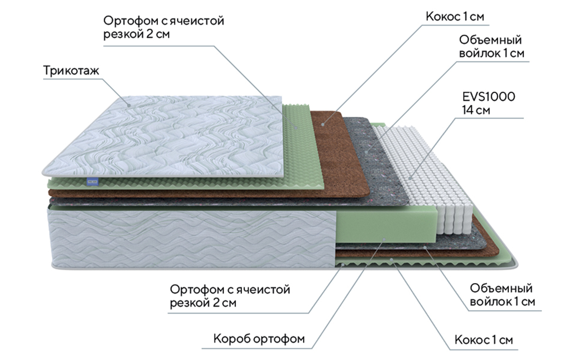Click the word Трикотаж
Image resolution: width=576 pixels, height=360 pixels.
point(71,71)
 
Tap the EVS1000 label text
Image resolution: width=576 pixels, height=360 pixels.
point(488,97)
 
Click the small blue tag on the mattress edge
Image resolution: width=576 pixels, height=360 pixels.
point(89,181)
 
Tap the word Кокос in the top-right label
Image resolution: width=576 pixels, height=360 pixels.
point(442,17)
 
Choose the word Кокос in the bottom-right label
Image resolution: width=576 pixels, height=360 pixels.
point(470,339)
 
